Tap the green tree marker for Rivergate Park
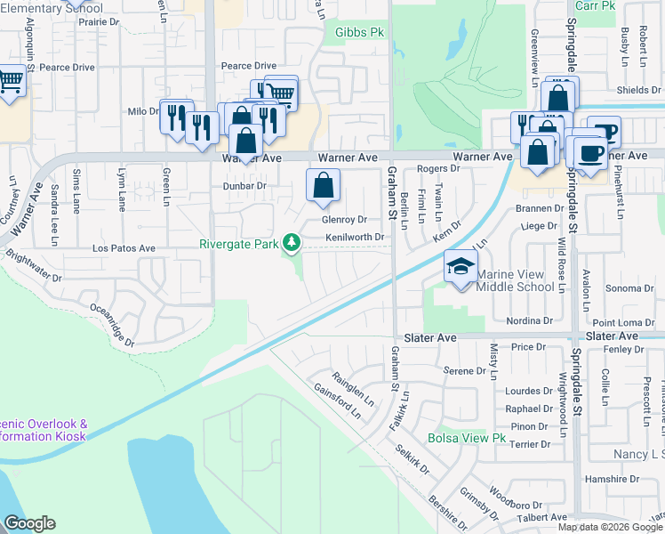[291, 243]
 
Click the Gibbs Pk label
[359, 32]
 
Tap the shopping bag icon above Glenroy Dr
[324, 185]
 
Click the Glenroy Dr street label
[345, 219]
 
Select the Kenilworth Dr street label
[354, 238]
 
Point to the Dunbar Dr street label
[244, 185]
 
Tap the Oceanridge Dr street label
[112, 326]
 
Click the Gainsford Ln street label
[337, 400]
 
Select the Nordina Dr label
[530, 320]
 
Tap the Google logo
[29, 523]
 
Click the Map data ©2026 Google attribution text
[609, 527]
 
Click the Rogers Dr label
[437, 168]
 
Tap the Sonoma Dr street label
[629, 288]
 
